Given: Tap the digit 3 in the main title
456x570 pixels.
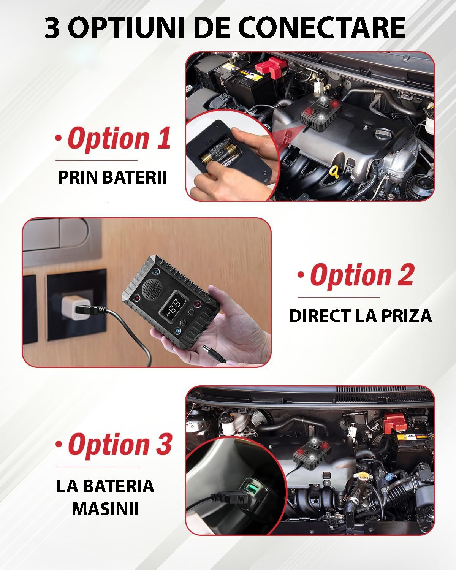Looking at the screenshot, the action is click(x=52, y=28).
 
